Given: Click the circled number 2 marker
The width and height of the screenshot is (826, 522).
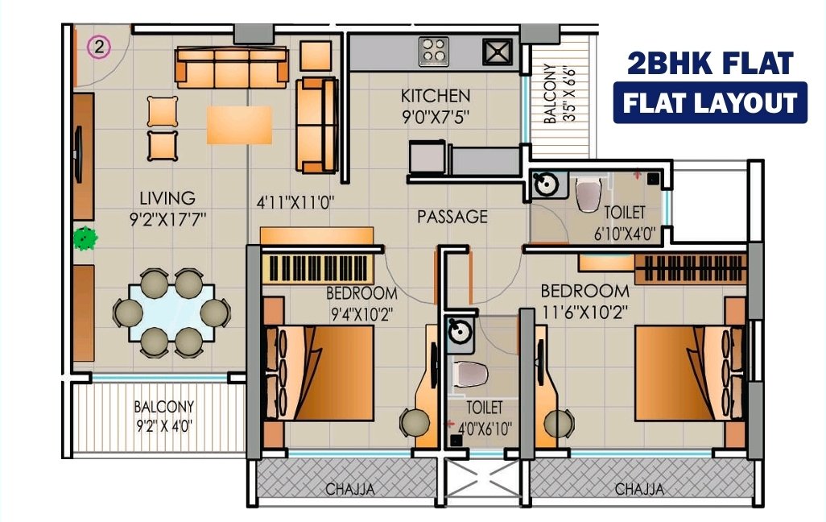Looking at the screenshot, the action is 98,48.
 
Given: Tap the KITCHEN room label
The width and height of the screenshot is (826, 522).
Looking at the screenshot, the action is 436,96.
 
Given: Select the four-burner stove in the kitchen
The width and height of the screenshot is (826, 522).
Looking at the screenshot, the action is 434,51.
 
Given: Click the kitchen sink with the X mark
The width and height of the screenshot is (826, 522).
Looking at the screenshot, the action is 498,52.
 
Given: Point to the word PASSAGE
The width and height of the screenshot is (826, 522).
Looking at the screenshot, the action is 452,217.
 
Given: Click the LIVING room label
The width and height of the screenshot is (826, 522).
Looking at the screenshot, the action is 167,198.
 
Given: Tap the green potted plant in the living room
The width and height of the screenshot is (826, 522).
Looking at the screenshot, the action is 85,238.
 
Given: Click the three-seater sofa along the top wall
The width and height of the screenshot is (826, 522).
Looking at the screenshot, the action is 232,67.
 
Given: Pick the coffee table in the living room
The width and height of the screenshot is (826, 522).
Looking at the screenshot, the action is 239,125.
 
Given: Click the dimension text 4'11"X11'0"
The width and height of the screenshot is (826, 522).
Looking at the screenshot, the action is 295,202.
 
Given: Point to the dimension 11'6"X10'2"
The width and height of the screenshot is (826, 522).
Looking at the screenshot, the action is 585,313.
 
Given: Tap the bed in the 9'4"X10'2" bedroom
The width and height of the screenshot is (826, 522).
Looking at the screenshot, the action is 318,373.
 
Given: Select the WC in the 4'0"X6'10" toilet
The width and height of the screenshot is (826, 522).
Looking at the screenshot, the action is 470,373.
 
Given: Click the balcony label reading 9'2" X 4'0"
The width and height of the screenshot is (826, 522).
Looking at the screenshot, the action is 163,425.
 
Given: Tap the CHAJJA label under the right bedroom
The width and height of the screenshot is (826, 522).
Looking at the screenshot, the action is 639,489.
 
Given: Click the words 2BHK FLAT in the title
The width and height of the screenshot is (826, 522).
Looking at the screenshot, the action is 710,63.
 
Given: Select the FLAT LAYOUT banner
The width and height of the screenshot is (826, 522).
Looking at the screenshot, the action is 710,103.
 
